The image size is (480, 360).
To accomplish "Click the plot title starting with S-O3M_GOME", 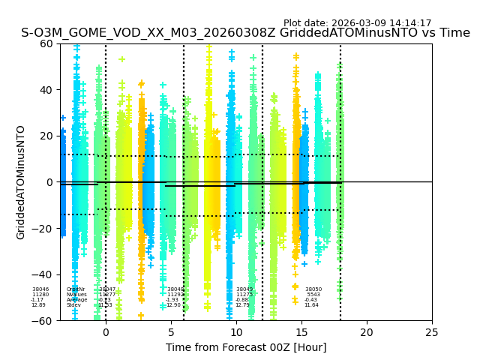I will [x=245, y=33].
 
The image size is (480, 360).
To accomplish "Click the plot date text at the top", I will [x=357, y=23].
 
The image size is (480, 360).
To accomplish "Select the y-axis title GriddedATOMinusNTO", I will [x=21, y=182].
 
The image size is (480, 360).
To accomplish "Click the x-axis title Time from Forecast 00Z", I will [x=246, y=347].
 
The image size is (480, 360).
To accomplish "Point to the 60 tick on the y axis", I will [x=46, y=43].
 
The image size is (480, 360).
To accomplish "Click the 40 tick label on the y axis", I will [x=46, y=90].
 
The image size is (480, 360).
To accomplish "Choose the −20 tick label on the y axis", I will [x=43, y=229].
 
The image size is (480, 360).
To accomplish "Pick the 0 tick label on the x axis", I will [x=106, y=332].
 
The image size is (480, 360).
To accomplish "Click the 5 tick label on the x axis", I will [x=171, y=332].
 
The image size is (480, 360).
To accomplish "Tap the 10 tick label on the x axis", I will [x=236, y=332].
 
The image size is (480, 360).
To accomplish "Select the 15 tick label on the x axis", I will [x=301, y=332].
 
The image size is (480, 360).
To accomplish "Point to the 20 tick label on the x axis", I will [x=367, y=332].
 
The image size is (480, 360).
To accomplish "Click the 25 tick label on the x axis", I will [x=432, y=332].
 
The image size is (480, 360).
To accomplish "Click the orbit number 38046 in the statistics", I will [x=40, y=289].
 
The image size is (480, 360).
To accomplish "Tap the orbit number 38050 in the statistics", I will [x=313, y=289].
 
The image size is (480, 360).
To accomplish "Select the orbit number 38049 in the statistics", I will [x=244, y=289].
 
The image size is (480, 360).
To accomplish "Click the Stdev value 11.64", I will [x=311, y=305].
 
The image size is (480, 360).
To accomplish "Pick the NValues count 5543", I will [x=313, y=295].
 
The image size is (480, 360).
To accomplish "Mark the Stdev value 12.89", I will [x=38, y=305].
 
